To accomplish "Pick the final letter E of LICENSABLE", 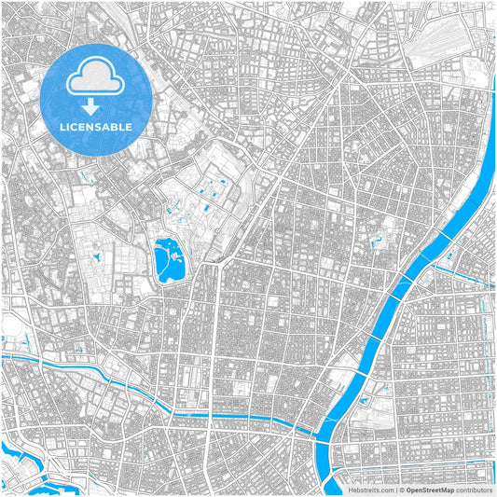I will click(129, 125).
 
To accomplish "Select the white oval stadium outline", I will click(11, 325).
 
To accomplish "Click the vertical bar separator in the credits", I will click(395, 489).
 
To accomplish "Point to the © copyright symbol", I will click(402, 489).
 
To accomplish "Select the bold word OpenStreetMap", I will click(430, 489).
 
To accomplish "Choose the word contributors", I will click(474, 489).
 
